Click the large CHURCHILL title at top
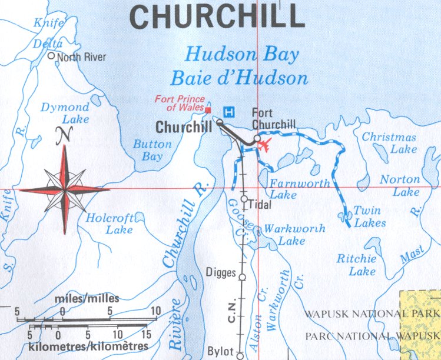click(217, 16)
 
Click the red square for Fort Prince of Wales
click(208, 109)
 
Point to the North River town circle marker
click(51, 56)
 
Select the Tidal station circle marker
click(244, 199)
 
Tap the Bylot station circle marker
click(240, 354)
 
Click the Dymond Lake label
click(65, 113)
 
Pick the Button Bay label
click(152, 150)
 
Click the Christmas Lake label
click(389, 143)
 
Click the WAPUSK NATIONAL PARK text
click(372, 313)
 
